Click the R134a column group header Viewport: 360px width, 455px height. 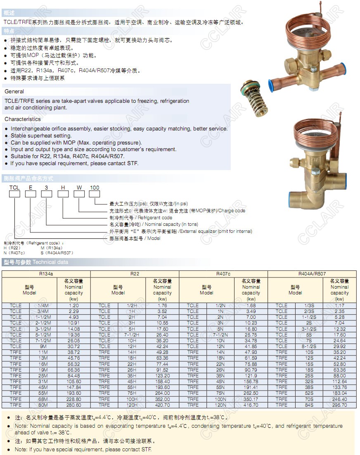[46, 274]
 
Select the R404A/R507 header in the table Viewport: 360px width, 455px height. [312, 274]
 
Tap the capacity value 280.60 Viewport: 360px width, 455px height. [73, 405]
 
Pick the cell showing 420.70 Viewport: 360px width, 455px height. [162, 405]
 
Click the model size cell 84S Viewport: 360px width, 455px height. [309, 405]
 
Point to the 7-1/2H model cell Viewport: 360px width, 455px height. [132, 335]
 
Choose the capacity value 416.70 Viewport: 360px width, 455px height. [251, 405]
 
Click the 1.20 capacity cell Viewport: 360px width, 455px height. [73, 306]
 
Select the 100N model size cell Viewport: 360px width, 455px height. [220, 399]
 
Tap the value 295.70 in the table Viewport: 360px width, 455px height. [339, 405]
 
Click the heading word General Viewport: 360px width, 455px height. [14, 91]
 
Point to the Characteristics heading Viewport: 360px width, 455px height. [23, 119]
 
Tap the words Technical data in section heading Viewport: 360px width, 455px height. [50, 262]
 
